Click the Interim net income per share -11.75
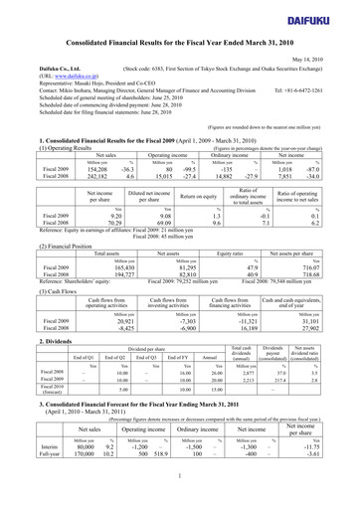click(x=328, y=488)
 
